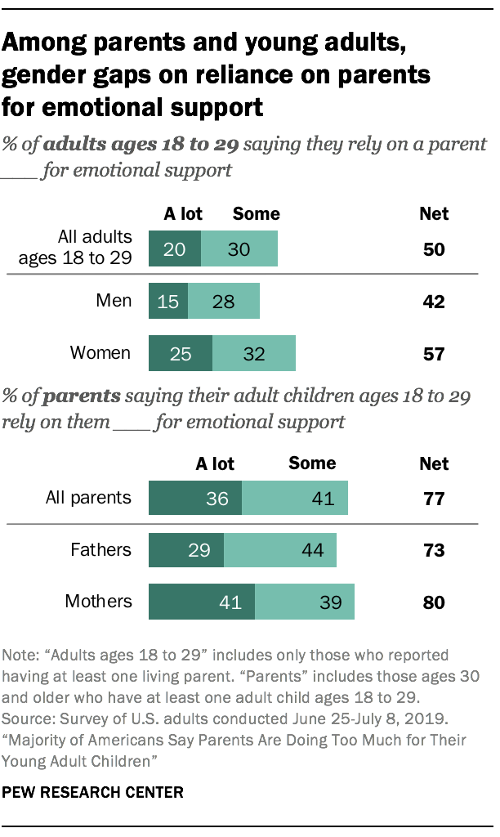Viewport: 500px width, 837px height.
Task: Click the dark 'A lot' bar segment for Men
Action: pos(167,302)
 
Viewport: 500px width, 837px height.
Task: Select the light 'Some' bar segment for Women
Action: pos(253,353)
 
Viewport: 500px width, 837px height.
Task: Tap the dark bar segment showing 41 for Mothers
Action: pos(202,602)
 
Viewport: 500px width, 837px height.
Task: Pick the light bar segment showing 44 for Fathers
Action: pos(280,550)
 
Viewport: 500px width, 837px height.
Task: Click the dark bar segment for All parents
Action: pos(195,498)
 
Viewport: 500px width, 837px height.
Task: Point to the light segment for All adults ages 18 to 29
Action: pos(239,249)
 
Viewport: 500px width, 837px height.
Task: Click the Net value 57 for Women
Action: pos(434,354)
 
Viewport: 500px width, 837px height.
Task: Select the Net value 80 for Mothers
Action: pos(434,602)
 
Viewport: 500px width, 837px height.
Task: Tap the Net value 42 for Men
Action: pos(434,302)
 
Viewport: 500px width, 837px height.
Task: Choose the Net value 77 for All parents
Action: pos(434,498)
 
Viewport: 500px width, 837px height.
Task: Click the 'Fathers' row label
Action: pos(102,549)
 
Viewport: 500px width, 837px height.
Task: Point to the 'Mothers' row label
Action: pos(98,602)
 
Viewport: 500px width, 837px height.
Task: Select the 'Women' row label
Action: pos(100,353)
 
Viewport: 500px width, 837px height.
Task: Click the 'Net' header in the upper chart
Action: pos(434,214)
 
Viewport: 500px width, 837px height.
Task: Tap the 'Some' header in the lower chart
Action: pos(312,463)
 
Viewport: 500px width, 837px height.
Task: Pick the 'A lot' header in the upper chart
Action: pos(183,214)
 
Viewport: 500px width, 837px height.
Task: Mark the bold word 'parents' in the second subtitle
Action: pos(81,397)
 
